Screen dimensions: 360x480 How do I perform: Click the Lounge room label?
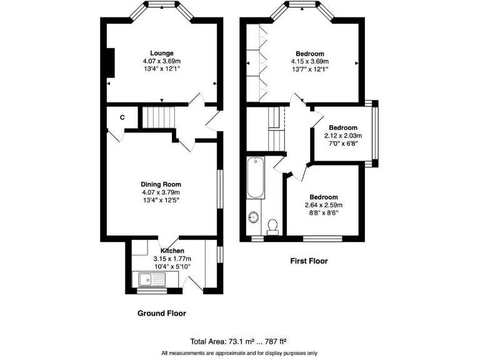161,53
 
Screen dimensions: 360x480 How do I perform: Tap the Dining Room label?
161,184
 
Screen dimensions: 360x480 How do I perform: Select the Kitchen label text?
172,251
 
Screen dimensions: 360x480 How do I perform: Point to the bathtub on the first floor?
255,178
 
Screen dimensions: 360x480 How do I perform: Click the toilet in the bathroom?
272,226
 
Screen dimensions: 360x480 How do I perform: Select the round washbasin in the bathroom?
254,217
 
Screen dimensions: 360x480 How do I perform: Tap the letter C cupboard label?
122,117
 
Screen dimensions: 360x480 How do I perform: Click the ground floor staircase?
158,117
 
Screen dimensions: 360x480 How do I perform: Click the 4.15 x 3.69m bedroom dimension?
309,61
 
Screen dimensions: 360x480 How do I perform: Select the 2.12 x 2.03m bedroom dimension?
342,136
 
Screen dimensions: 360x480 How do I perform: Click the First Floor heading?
309,261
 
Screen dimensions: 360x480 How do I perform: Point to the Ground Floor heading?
161,313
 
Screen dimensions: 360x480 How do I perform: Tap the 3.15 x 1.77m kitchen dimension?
172,259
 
